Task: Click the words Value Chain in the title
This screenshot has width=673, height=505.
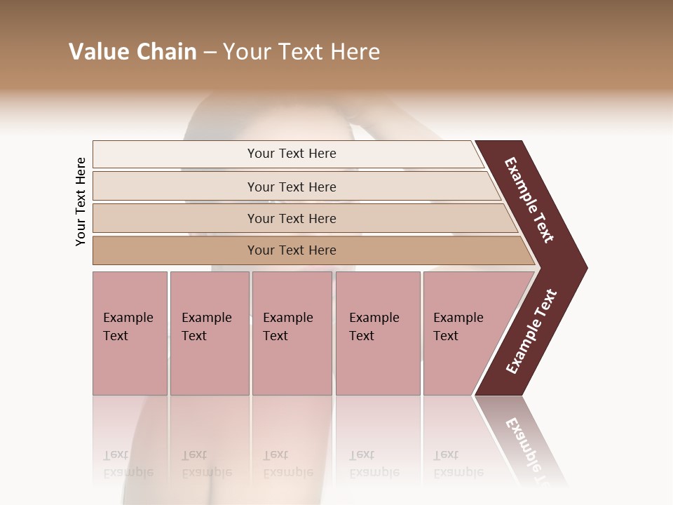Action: pos(132,52)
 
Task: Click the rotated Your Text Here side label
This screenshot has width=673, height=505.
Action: pos(81,201)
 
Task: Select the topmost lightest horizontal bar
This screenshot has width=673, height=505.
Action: pos(175,154)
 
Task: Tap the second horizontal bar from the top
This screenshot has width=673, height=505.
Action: pos(175,187)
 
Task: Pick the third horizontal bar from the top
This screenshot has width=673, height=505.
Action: pos(175,218)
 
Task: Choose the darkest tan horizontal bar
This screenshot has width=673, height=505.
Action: pos(175,250)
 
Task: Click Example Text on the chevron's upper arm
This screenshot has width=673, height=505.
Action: pos(530,200)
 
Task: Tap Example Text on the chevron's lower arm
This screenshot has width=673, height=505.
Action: pos(531,332)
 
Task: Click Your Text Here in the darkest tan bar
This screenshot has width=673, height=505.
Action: pos(292,250)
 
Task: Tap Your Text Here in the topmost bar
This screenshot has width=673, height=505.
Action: pos(292,154)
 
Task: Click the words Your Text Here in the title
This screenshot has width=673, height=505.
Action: pos(301,52)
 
